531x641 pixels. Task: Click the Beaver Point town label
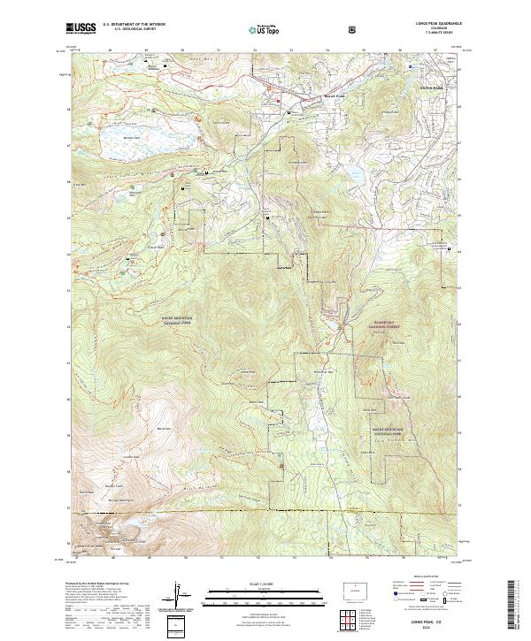coord(310,94)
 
